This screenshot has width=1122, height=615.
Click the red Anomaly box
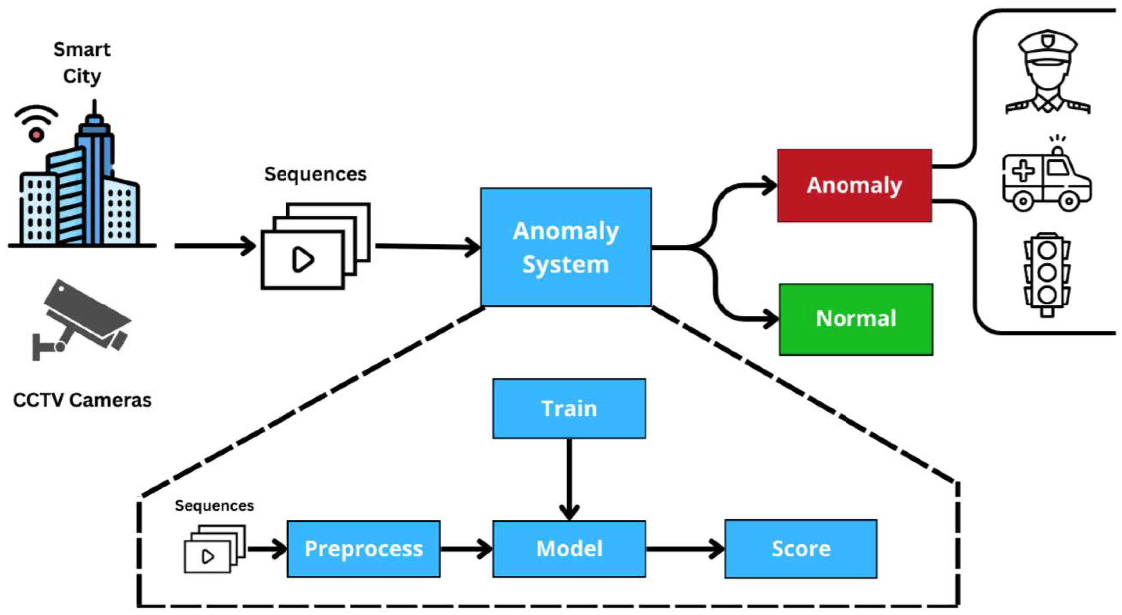[854, 185]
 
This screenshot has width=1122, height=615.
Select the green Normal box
[856, 319]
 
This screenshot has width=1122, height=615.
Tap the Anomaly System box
[566, 247]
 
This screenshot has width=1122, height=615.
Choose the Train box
[569, 409]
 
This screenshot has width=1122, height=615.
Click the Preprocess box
[363, 549]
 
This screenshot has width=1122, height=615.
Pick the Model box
[569, 549]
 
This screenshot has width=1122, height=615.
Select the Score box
[800, 549]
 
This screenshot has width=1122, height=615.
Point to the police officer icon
[1047, 72]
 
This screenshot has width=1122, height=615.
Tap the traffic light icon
[1047, 275]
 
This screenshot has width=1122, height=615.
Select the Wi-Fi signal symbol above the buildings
[36, 123]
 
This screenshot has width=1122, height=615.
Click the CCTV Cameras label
[82, 400]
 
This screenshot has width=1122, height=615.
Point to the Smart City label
[82, 63]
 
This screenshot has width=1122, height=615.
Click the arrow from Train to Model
[569, 479]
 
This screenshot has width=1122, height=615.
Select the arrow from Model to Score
[685, 549]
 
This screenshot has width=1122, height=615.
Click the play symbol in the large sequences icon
[303, 259]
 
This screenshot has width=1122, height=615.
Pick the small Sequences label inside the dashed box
[214, 506]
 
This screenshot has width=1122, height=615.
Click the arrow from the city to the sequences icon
[215, 246]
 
